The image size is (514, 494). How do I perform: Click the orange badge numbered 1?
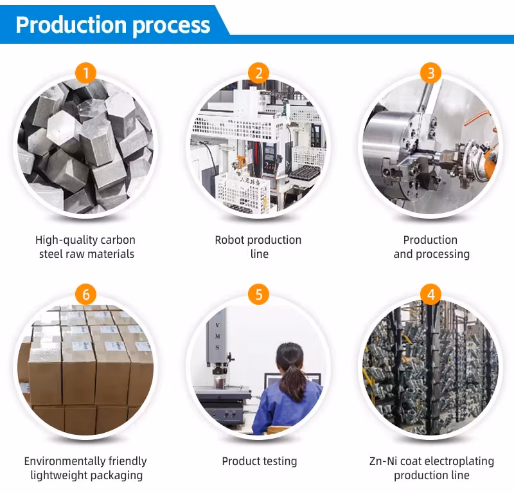[x=85, y=73]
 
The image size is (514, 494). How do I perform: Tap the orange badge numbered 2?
[x=259, y=73]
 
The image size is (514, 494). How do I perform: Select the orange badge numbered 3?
[x=431, y=73]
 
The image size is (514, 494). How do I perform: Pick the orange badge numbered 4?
[x=431, y=295]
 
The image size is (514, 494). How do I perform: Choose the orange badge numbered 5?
[x=259, y=295]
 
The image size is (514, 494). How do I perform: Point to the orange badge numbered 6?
[x=85, y=295]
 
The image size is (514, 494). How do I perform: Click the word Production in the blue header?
[x=71, y=25]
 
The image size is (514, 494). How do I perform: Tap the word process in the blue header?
[x=172, y=26]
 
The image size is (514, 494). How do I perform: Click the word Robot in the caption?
[x=229, y=240]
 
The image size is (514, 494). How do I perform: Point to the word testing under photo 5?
[x=279, y=462]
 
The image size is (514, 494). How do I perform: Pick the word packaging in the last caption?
[x=116, y=476]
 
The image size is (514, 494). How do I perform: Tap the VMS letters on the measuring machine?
[x=217, y=336]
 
